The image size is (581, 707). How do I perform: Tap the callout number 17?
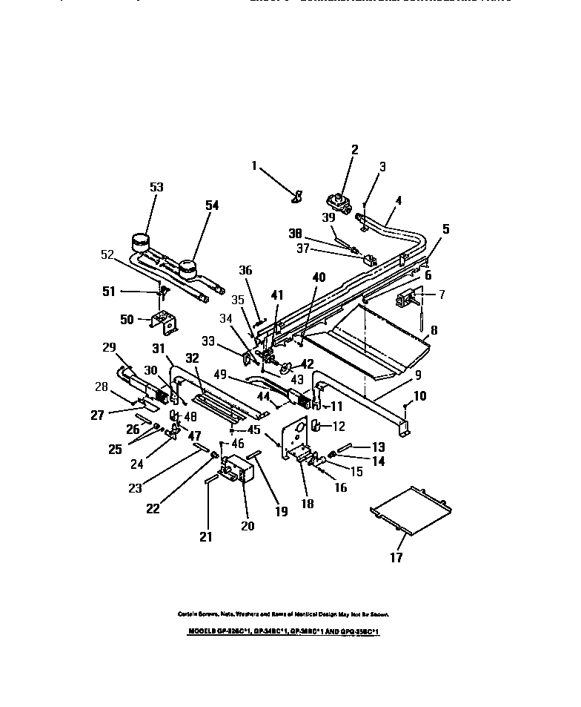click(396, 558)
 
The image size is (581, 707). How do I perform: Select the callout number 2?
click(354, 151)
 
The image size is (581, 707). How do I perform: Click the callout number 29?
click(109, 348)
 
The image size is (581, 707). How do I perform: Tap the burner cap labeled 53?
click(139, 242)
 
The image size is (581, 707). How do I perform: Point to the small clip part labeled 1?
click(296, 196)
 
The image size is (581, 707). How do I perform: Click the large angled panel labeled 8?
click(371, 341)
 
